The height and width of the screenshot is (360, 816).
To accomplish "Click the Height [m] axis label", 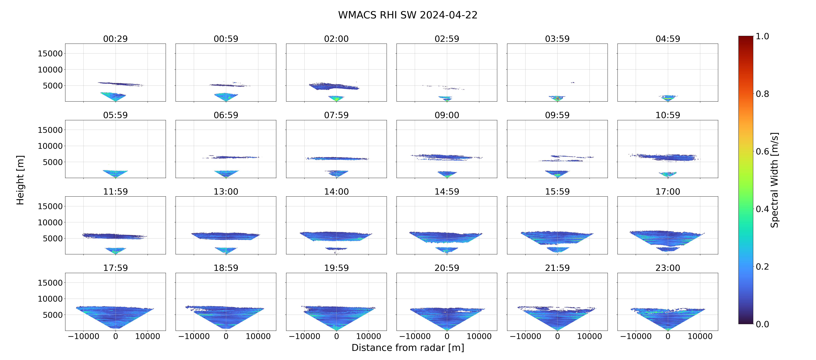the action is [20, 180].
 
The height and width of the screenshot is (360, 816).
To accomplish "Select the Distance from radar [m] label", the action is [408, 348].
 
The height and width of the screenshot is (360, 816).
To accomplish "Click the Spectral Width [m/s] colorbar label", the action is [774, 180].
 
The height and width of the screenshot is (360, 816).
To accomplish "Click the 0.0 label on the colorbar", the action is [762, 324].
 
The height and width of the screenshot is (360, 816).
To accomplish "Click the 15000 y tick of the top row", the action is [50, 54].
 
